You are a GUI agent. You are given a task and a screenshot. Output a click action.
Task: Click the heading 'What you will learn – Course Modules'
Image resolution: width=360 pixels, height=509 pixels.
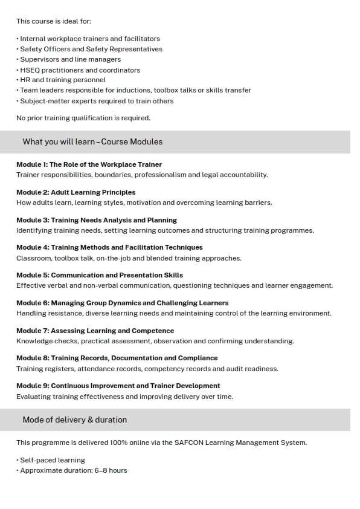pyautogui.click(x=92, y=141)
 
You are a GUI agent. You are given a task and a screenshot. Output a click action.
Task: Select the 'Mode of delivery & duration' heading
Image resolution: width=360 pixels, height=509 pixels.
pyautogui.click(x=75, y=420)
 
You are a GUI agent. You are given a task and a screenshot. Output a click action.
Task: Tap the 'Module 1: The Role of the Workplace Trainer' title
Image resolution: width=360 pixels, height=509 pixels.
pyautogui.click(x=89, y=164)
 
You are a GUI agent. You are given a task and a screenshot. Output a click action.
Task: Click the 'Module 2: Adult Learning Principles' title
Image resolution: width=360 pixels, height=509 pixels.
pyautogui.click(x=76, y=192)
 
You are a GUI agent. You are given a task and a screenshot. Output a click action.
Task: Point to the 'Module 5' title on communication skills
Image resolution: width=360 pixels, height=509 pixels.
pyautogui.click(x=100, y=275)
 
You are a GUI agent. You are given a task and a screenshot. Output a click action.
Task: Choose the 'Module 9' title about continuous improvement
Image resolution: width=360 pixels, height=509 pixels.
pyautogui.click(x=118, y=386)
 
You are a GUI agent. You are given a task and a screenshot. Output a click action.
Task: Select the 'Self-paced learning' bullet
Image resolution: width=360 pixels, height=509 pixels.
pyautogui.click(x=53, y=460)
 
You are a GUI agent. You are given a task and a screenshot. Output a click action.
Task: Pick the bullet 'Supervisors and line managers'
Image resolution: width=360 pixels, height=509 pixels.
pyautogui.click(x=70, y=59)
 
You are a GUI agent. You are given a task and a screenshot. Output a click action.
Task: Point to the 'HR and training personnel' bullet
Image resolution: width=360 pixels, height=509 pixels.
pyautogui.click(x=63, y=80)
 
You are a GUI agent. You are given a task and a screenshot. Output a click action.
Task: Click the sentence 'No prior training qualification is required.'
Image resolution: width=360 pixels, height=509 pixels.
pyautogui.click(x=83, y=118)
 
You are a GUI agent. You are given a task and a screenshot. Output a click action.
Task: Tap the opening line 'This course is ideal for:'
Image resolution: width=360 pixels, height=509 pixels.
pyautogui.click(x=54, y=21)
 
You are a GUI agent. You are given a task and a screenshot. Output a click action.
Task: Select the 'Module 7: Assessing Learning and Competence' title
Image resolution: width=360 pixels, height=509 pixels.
pyautogui.click(x=95, y=331)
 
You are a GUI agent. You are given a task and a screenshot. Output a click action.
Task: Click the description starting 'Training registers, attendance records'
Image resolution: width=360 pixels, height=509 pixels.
pyautogui.click(x=147, y=369)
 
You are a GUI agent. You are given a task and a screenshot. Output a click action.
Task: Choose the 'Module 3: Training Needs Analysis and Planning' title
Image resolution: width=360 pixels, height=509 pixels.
pyautogui.click(x=97, y=220)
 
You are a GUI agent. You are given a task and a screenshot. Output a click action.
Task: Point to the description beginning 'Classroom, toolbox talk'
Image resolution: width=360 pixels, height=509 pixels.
pyautogui.click(x=129, y=258)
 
